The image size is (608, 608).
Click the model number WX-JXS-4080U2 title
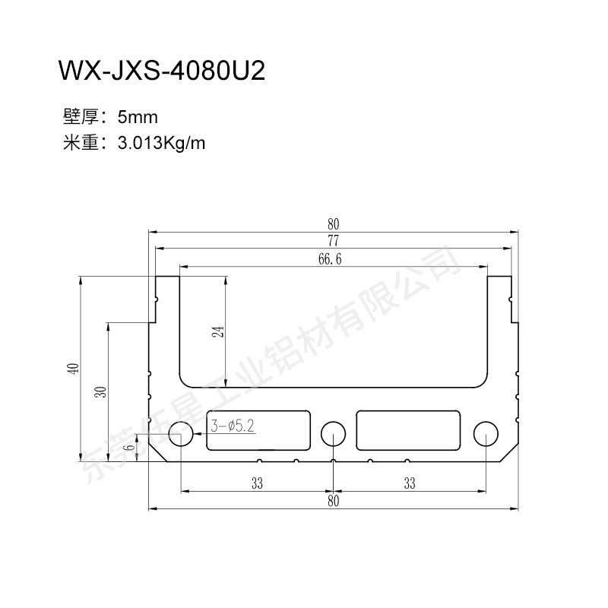pyautogui.click(x=162, y=71)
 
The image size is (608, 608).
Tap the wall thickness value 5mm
pyautogui.click(x=138, y=117)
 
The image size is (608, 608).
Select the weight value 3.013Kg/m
pyautogui.click(x=161, y=143)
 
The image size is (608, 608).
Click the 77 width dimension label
pyautogui.click(x=333, y=241)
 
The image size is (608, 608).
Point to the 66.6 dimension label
pyautogui.click(x=330, y=259)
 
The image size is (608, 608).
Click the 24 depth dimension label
pyautogui.click(x=218, y=332)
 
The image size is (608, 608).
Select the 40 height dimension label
pyautogui.click(x=73, y=369)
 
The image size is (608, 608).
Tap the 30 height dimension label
pyautogui.click(x=100, y=391)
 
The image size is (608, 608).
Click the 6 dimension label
pyautogui.click(x=131, y=447)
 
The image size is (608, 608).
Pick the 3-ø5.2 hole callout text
pyautogui.click(x=233, y=426)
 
